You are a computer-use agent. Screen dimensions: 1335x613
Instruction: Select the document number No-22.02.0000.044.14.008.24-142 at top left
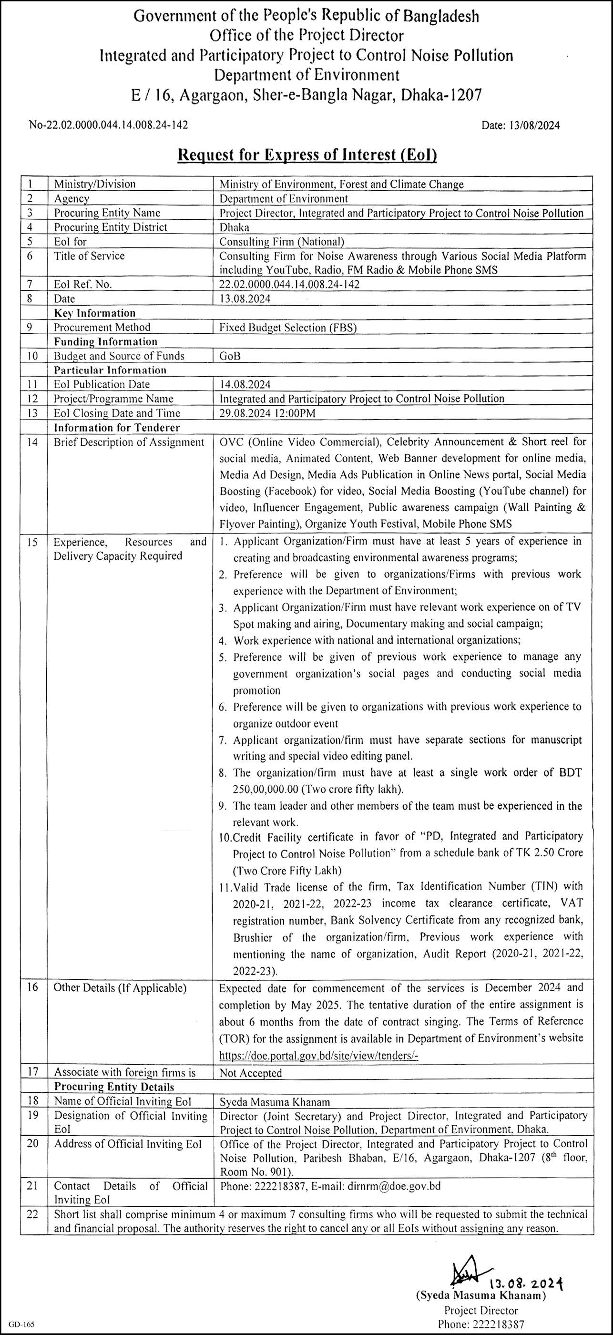click(108, 125)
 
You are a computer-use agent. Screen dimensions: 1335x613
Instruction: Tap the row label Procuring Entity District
click(111, 227)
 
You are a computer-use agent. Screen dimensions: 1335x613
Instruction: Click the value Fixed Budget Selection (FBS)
click(287, 328)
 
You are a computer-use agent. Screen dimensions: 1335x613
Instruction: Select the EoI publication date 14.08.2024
click(245, 385)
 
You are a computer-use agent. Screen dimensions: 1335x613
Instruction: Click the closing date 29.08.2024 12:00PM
click(267, 413)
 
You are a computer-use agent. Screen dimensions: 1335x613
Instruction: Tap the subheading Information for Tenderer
click(117, 428)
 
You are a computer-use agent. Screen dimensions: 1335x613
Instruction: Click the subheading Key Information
click(95, 313)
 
